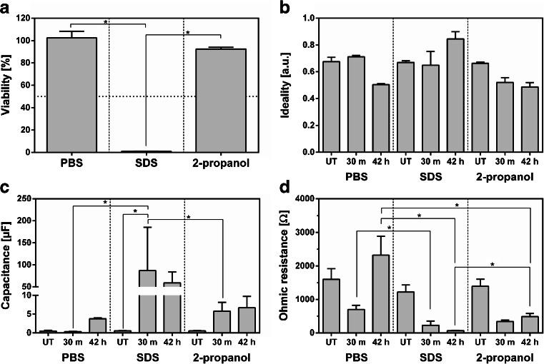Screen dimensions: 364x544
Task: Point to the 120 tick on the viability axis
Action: pos(29,19)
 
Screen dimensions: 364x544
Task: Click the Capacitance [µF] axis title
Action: pos(9,266)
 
